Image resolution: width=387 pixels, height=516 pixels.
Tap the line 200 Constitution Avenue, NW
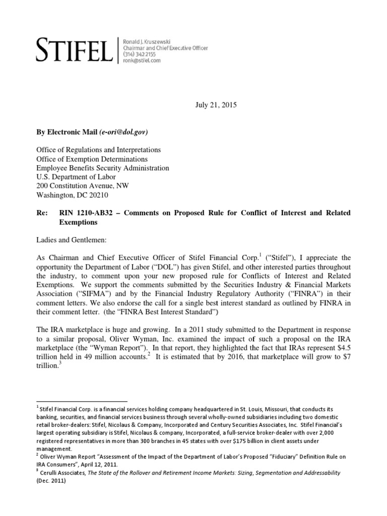(83, 186)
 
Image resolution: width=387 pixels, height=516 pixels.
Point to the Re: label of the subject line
(41, 213)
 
